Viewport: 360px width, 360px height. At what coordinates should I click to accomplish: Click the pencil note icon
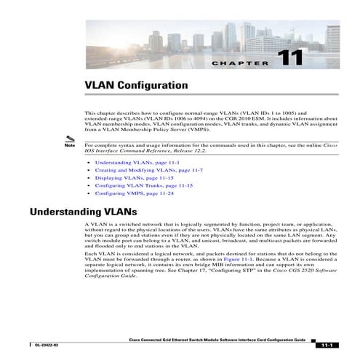pos(69,138)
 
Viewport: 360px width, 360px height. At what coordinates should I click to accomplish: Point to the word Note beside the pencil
pos(70,145)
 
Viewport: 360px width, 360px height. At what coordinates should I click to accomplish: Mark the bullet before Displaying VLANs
pos(88,178)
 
